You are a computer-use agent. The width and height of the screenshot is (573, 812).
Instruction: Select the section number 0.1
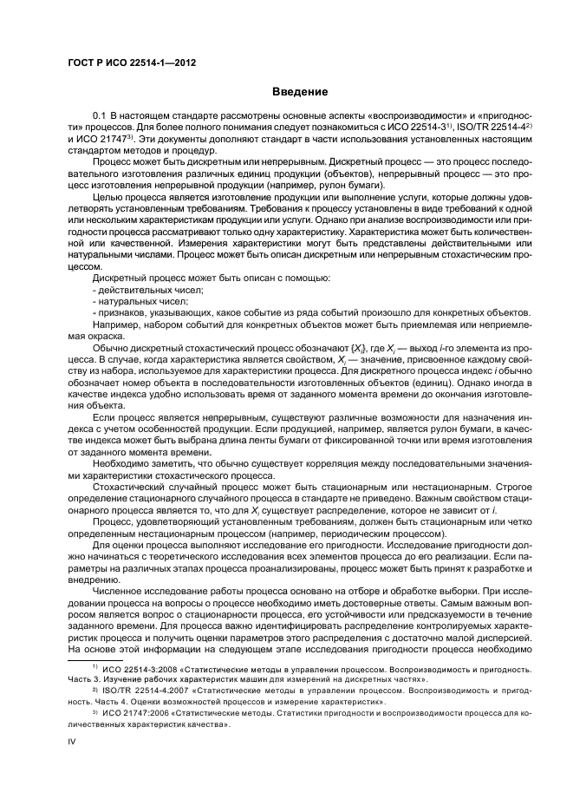tap(98, 115)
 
